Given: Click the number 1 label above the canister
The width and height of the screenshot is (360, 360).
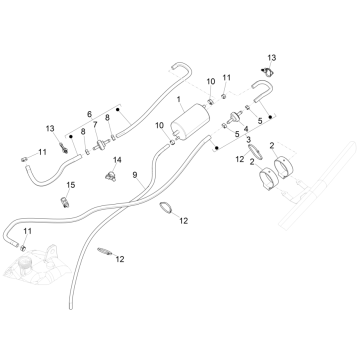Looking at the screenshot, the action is [x=179, y=99].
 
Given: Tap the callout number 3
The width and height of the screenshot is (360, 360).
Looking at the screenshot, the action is [x=249, y=138].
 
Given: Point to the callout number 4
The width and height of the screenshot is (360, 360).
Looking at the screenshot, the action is [x=246, y=129].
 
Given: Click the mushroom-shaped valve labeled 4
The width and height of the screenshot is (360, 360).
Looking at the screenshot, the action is [x=235, y=117].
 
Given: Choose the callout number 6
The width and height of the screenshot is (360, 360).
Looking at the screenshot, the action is [x=89, y=114].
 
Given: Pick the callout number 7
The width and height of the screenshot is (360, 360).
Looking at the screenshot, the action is [x=95, y=125].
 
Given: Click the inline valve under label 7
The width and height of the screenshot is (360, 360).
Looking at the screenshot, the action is [x=100, y=145].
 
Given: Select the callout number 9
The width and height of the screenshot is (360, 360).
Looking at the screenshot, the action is [x=135, y=175].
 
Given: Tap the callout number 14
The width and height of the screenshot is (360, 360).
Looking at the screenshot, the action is [x=117, y=160].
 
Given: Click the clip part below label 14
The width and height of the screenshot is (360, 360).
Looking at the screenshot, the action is [x=111, y=176].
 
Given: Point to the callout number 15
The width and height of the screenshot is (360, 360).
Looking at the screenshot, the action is [x=71, y=185].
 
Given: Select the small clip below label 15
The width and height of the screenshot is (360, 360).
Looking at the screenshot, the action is [x=64, y=202].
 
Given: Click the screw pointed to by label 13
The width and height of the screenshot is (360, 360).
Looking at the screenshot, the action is [x=63, y=148].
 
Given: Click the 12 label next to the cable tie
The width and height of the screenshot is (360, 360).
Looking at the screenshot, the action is [x=120, y=259].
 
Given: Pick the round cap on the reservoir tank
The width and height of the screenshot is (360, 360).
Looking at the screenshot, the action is [x=24, y=263].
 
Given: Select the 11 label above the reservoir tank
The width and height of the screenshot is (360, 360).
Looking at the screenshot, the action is [x=28, y=231].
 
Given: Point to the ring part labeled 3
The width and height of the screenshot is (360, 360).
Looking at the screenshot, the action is [x=256, y=152].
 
